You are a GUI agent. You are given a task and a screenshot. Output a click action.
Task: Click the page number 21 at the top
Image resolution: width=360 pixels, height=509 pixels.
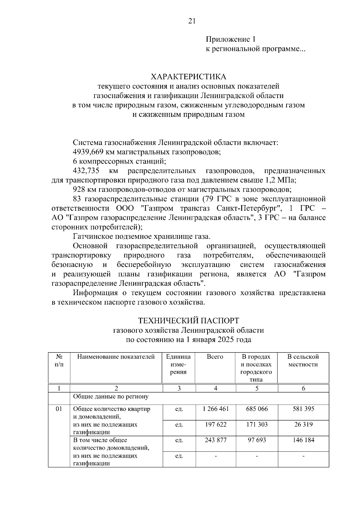point(192,21)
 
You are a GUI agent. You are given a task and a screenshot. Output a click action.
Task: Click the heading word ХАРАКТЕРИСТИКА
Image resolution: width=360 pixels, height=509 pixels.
point(188,77)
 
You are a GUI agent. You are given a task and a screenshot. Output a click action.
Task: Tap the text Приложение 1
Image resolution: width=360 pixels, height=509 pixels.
point(230,39)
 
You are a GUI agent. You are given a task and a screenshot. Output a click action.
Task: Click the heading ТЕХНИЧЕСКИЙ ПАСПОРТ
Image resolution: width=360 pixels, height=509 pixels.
point(188,321)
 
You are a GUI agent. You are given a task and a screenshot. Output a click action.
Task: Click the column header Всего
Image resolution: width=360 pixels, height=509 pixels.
point(215,357)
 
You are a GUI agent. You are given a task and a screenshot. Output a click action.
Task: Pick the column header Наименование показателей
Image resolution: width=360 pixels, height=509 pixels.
point(116,357)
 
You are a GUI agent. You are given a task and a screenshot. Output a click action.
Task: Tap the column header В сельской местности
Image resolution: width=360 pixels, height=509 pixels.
point(303,361)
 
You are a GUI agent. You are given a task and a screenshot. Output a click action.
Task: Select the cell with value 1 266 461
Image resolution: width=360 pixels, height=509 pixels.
point(215,409)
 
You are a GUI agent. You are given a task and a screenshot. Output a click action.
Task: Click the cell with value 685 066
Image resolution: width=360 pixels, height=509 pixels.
point(257,409)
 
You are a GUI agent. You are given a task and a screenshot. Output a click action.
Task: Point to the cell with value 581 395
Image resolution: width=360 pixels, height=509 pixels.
point(303,409)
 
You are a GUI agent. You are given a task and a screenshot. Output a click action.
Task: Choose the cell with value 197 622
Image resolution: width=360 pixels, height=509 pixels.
point(215,424)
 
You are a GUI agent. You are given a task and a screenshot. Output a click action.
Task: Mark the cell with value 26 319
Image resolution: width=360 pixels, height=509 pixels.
point(303,424)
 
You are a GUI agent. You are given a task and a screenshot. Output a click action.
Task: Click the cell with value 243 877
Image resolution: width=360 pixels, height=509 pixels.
point(215,440)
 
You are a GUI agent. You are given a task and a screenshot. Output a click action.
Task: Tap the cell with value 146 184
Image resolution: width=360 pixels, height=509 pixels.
point(303,440)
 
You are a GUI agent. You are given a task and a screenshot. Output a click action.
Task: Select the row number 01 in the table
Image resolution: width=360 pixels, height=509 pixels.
point(59,409)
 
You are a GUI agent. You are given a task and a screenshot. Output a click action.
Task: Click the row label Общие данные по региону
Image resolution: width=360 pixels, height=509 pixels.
point(111,397)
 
